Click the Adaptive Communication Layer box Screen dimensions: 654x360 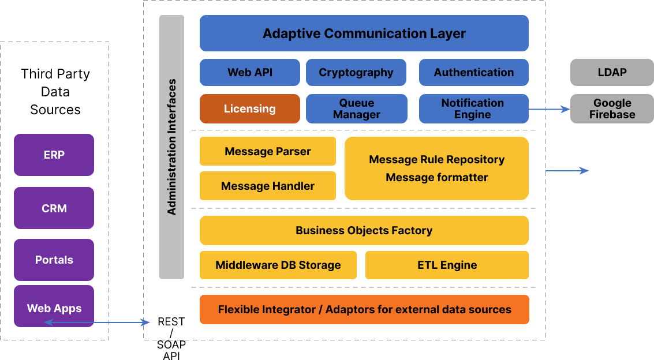364,33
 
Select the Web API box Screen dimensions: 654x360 250,73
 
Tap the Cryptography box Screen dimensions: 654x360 356,73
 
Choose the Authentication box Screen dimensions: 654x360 474,73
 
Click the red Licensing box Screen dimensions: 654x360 250,108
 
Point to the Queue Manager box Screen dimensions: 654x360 357,108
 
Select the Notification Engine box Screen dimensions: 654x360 474,108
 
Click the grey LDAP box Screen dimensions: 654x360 612,73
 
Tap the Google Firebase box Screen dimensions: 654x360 612,108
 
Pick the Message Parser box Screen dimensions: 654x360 268,151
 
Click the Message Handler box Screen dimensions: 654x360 268,186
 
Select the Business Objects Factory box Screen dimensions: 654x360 364,230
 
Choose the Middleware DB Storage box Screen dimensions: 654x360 278,265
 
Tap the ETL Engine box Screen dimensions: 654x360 447,265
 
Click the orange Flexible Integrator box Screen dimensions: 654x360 365,310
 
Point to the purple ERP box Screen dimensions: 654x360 54,155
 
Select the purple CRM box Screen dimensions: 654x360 54,208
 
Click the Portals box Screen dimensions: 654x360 54,260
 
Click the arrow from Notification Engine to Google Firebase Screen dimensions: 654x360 550,109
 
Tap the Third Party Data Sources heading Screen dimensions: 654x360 55,92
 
